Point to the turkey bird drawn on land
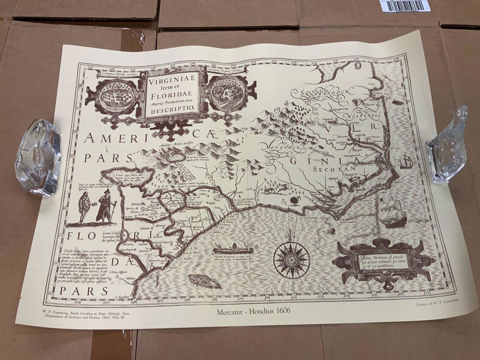pos(294,200)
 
